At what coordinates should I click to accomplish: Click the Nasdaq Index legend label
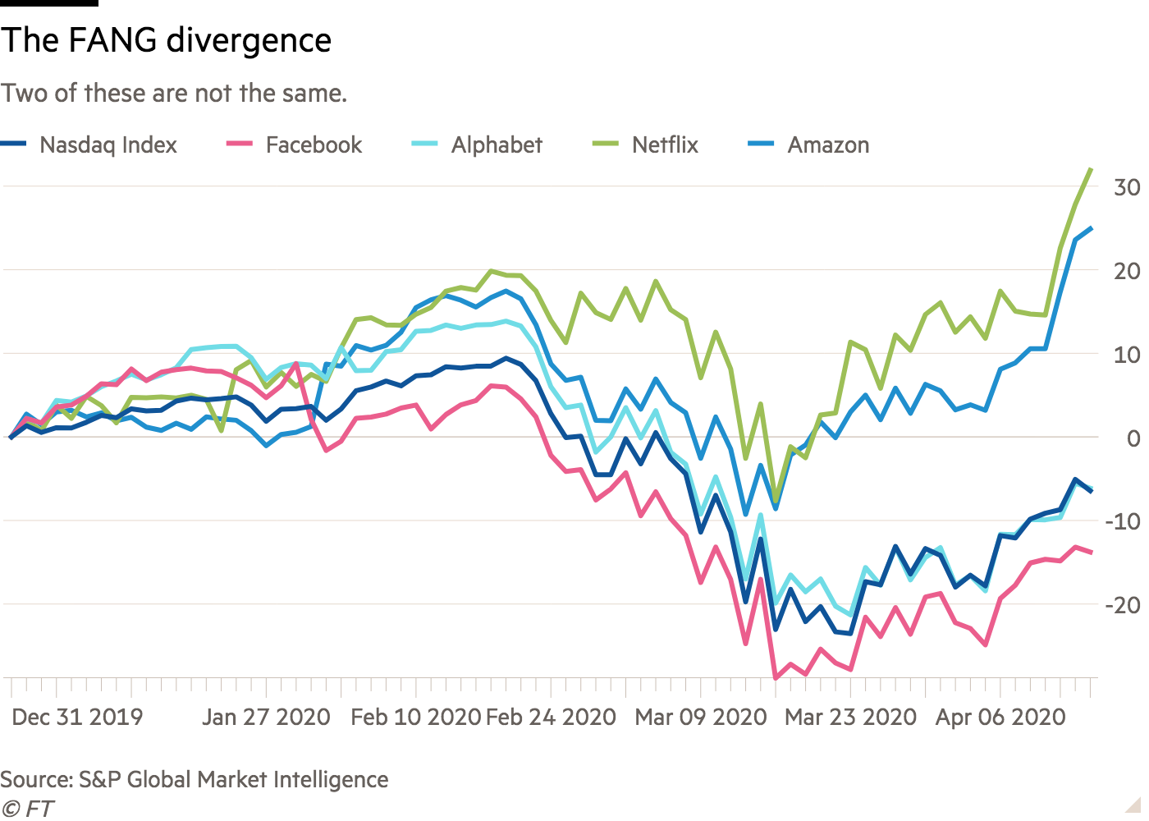tap(108, 145)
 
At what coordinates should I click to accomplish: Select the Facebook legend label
tap(314, 145)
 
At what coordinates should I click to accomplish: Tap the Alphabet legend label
tap(497, 145)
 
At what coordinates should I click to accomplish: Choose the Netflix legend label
tap(665, 145)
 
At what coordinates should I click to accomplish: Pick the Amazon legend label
tap(828, 145)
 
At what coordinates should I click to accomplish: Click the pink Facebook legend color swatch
tap(237, 145)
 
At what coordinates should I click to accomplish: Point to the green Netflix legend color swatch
tap(604, 145)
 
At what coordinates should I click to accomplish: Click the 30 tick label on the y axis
tap(1127, 187)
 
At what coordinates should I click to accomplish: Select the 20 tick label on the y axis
tap(1127, 271)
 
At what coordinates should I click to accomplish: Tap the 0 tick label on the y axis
tap(1133, 438)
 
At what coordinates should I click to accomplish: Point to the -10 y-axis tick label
tap(1122, 521)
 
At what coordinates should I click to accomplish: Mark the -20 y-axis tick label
tap(1122, 605)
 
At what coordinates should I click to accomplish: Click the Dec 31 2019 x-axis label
tap(77, 717)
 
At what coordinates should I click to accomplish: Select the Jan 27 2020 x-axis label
tap(266, 717)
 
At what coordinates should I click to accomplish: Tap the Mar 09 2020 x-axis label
tap(701, 717)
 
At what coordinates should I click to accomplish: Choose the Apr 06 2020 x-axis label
tap(1000, 717)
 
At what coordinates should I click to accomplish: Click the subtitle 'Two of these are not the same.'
tap(174, 94)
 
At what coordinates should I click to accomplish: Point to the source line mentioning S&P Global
tap(195, 779)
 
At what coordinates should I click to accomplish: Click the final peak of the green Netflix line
tap(1091, 168)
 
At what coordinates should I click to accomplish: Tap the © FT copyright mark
tap(27, 809)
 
